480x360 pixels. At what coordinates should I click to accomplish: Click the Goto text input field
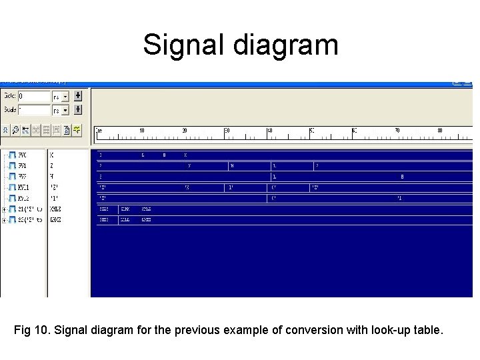pyautogui.click(x=33, y=96)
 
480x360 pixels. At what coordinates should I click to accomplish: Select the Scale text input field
pyautogui.click(x=33, y=110)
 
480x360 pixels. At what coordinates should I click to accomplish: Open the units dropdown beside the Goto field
pyautogui.click(x=61, y=96)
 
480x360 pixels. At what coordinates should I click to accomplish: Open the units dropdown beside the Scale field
pyautogui.click(x=61, y=110)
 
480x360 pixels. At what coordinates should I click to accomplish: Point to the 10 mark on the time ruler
pyautogui.click(x=141, y=131)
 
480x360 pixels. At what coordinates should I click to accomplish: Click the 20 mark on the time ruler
pyautogui.click(x=185, y=131)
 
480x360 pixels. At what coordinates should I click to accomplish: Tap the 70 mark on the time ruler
pyautogui.click(x=397, y=131)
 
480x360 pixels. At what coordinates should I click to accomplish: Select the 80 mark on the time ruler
pyautogui.click(x=440, y=131)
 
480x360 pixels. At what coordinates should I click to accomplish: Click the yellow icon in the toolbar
pyautogui.click(x=77, y=129)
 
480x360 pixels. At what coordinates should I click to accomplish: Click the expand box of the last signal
pyautogui.click(x=4, y=219)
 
